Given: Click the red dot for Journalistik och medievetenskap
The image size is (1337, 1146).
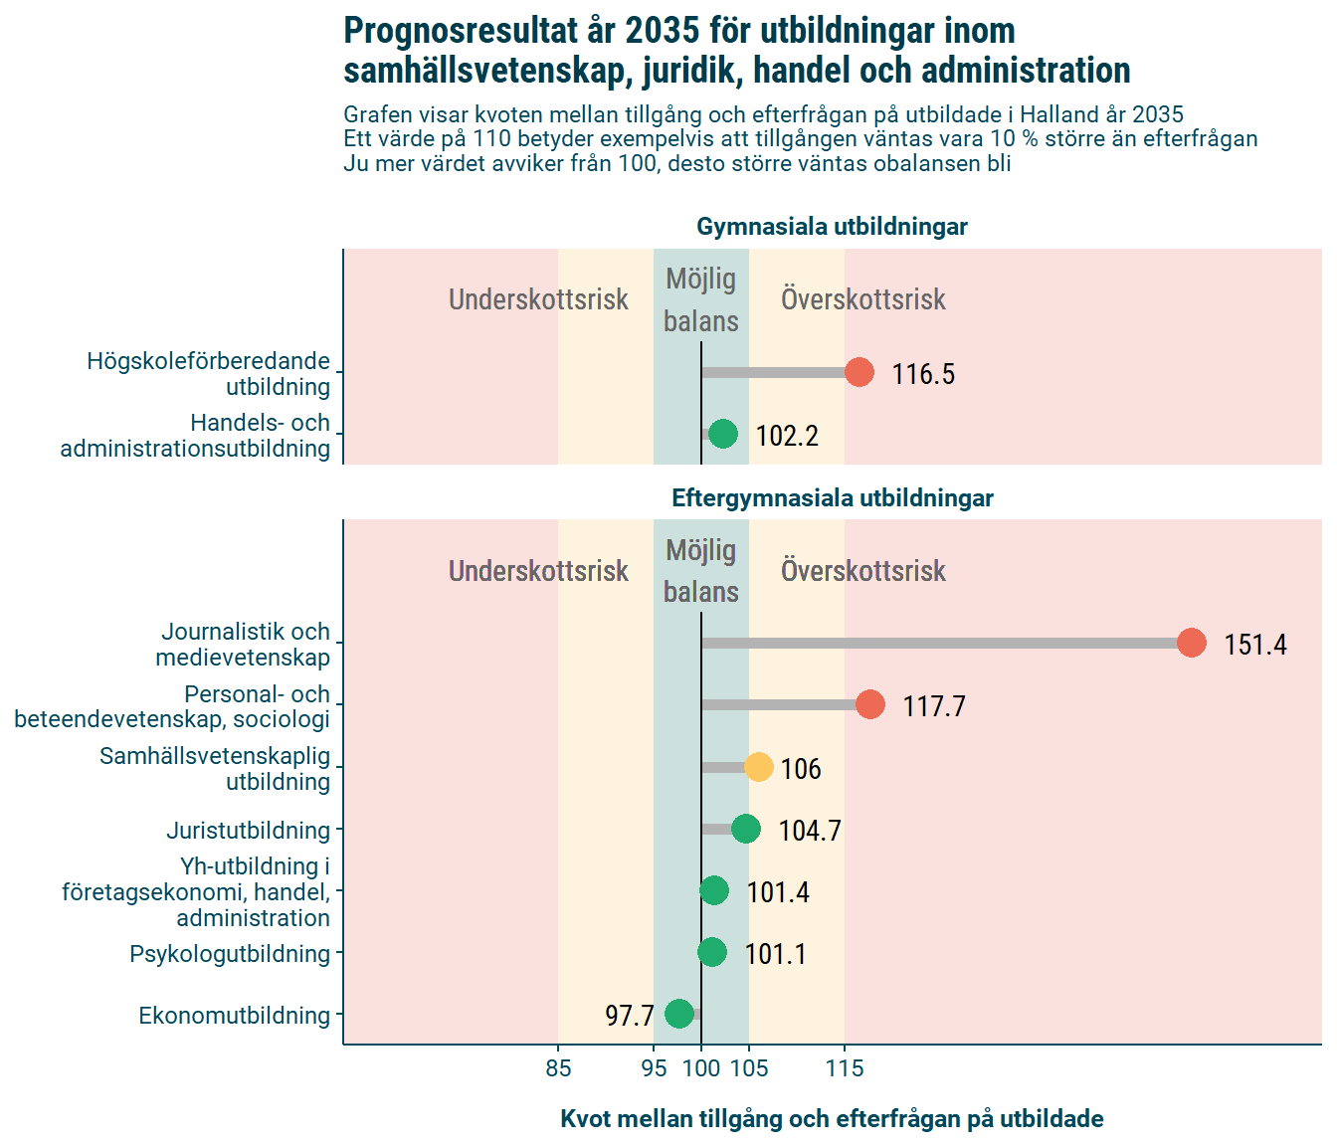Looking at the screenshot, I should [1191, 643].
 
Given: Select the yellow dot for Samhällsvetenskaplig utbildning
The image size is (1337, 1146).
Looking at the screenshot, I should [758, 767].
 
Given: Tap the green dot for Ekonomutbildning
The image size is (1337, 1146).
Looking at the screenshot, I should [679, 1014].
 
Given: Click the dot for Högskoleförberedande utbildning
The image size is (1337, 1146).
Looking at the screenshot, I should [859, 372].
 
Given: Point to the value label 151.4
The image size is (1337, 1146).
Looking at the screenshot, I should [1254, 645].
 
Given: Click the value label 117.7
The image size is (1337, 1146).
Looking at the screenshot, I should [933, 706].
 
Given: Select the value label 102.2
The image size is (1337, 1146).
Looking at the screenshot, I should [786, 436].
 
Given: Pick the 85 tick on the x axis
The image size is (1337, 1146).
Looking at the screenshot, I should [558, 1068].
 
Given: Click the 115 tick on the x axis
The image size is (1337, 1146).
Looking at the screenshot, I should [845, 1068].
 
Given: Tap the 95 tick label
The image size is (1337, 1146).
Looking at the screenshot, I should [654, 1068].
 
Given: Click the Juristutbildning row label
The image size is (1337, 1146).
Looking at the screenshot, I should [248, 830].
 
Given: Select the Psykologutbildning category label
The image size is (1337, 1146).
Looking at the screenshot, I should [230, 953].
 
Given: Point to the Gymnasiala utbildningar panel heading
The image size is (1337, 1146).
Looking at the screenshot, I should [832, 227].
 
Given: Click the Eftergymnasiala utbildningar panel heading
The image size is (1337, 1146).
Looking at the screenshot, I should [832, 497].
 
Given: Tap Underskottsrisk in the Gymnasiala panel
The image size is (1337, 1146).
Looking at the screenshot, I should [538, 299].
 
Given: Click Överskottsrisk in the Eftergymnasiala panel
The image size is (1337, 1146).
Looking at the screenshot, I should [862, 571].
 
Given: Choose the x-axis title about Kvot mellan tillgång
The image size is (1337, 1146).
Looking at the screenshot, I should [832, 1118].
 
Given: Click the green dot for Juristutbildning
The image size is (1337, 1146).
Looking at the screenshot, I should [746, 829].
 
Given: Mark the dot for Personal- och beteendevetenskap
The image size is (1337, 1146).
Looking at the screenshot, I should [869, 704].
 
